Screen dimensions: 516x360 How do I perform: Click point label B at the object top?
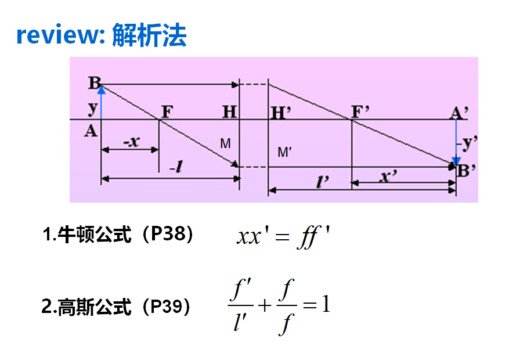(94, 82)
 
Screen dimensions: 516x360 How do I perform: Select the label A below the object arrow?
(91, 131)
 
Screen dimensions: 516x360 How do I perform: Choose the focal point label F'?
(360, 110)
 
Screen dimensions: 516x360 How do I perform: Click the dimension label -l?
(177, 168)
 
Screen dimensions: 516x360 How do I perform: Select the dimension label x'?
(387, 176)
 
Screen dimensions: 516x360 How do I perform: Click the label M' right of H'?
(284, 153)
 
